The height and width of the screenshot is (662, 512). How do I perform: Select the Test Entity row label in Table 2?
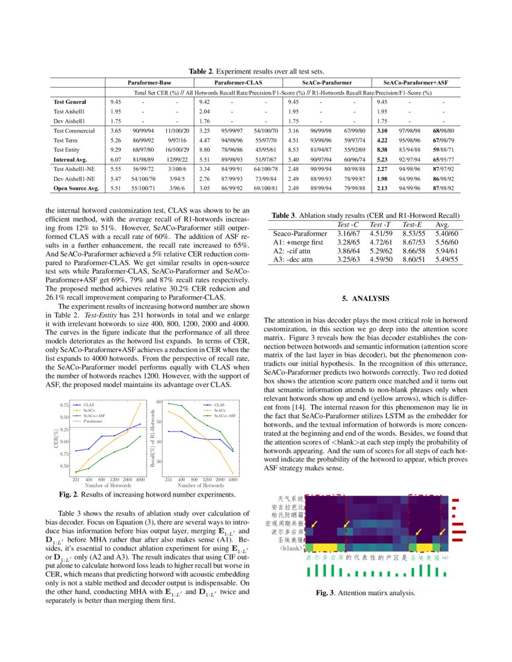[70, 149]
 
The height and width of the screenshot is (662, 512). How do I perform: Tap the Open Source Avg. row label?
[76, 188]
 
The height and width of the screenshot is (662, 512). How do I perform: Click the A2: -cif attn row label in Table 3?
[294, 251]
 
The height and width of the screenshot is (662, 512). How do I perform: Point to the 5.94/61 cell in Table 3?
[446, 251]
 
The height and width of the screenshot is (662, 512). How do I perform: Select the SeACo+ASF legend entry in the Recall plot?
[224, 416]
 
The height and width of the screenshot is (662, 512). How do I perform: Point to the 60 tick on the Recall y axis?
[160, 401]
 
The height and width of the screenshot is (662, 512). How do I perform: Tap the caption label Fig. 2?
[69, 494]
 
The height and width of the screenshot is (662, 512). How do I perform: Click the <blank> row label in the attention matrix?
[291, 549]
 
